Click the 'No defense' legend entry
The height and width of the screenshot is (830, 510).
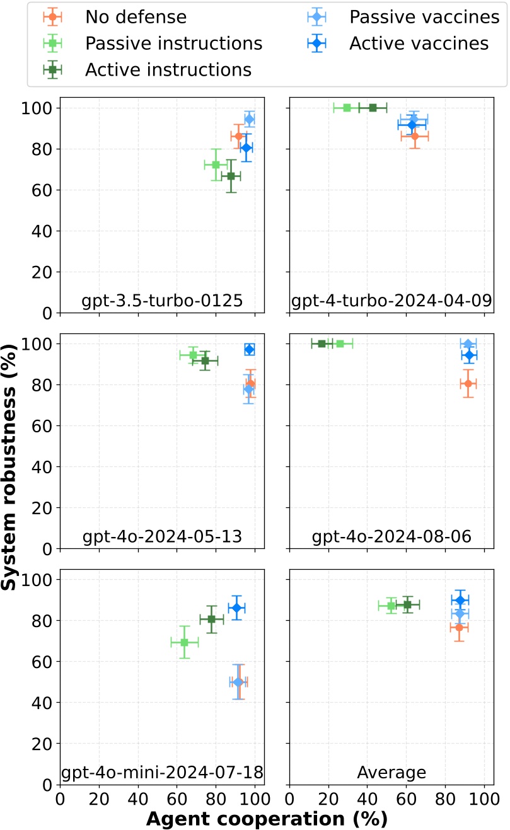(x=136, y=17)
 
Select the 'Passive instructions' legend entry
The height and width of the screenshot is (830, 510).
(x=173, y=43)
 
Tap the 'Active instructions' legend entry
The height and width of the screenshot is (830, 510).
(x=168, y=69)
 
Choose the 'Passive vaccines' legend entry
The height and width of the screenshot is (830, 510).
(x=424, y=17)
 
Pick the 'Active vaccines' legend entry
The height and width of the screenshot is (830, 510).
(x=419, y=43)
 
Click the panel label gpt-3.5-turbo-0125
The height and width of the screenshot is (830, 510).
(x=162, y=301)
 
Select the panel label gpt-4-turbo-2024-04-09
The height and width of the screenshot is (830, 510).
(x=391, y=301)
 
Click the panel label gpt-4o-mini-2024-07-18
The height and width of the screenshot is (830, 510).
(x=162, y=772)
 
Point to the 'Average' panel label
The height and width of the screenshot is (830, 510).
(x=391, y=772)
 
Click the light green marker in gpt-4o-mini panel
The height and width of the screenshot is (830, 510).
(x=185, y=642)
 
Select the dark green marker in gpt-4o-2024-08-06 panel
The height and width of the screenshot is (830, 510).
(x=322, y=343)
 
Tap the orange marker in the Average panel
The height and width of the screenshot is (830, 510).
(x=459, y=628)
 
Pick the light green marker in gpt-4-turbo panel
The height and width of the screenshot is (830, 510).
(x=347, y=108)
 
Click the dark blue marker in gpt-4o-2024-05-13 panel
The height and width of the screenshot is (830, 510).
(x=250, y=349)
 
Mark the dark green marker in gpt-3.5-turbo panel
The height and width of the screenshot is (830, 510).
(x=231, y=176)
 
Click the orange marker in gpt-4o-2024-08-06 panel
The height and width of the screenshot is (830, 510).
(x=468, y=383)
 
